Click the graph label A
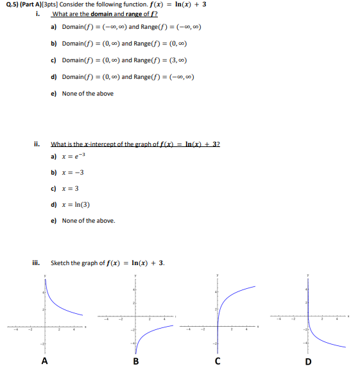(x=44, y=361)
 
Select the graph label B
(x=135, y=361)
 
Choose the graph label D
(x=309, y=361)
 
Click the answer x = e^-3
(x=71, y=156)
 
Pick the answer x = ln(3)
(x=74, y=205)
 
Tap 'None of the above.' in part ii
(x=89, y=221)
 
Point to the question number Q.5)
(x=9, y=4)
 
